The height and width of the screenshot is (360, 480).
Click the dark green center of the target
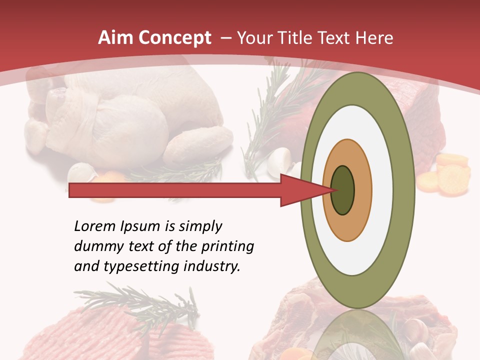342,190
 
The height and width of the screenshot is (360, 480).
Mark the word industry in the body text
210,266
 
